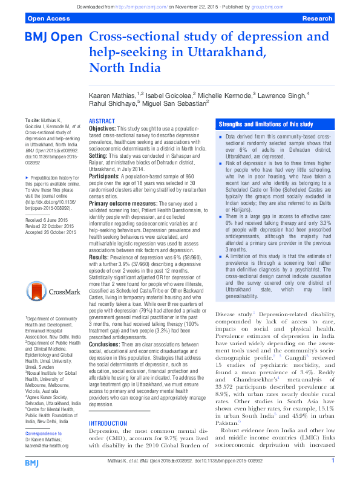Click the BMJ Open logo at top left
pyautogui.click(x=53, y=37)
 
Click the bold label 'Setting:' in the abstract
pyautogui.click(x=99, y=156)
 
